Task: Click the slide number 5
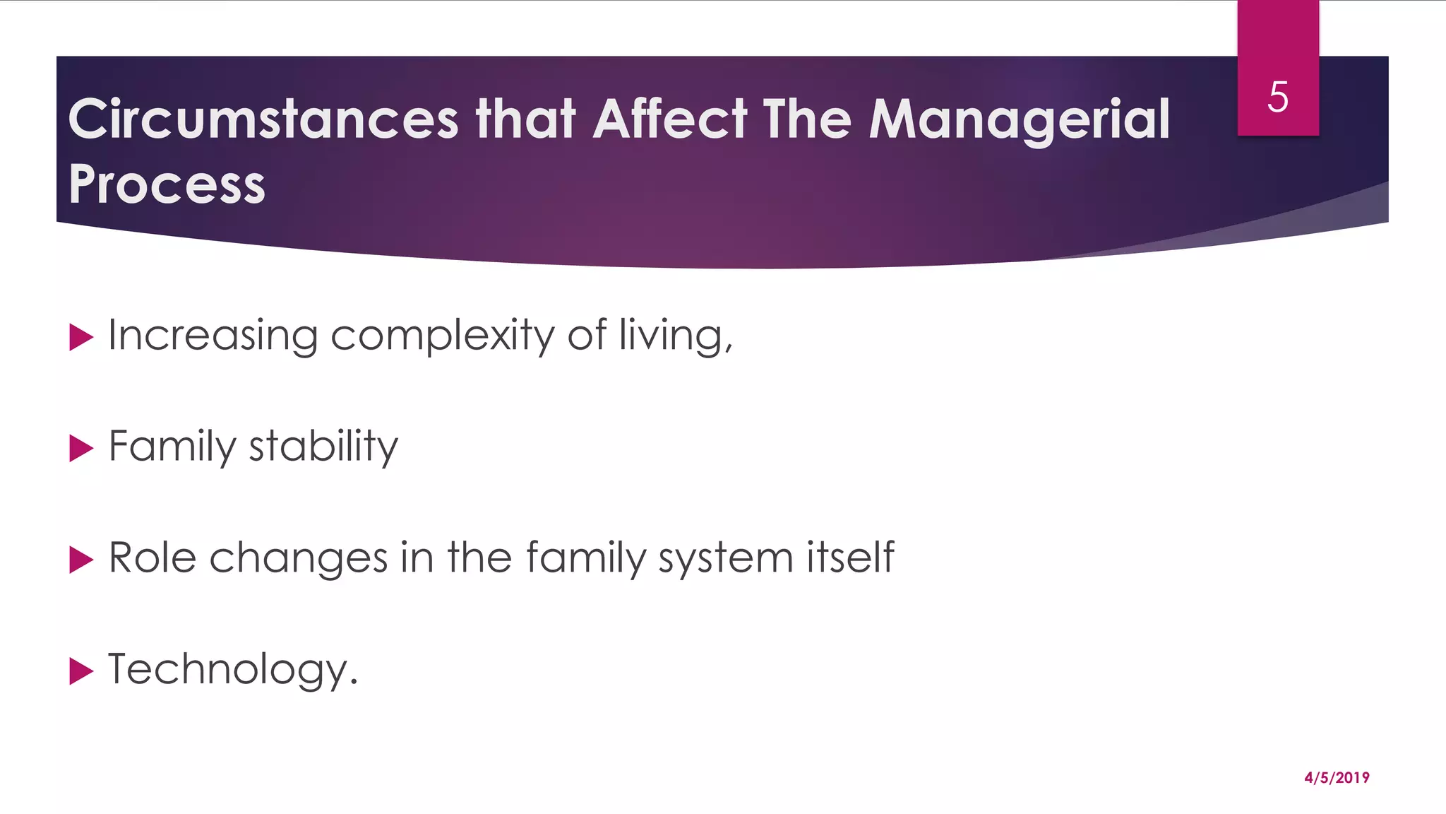point(1277,97)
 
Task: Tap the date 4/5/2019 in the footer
point(1337,778)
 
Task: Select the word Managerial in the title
point(1020,120)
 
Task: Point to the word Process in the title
point(167,184)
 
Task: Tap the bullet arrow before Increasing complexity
point(81,337)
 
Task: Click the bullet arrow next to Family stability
point(81,449)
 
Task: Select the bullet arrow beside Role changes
point(81,560)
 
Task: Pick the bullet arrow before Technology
point(81,671)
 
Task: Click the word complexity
point(443,336)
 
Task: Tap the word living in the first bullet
point(674,336)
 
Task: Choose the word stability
point(323,447)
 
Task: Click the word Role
point(152,558)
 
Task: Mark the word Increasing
point(213,336)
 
